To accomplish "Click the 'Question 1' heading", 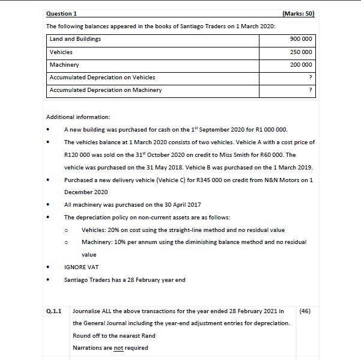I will (x=61, y=14).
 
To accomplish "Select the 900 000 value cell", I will (x=301, y=39).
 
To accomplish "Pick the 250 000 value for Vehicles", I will (x=301, y=52).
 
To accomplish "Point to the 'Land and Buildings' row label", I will (x=75, y=39).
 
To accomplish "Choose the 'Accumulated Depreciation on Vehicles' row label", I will (x=102, y=78).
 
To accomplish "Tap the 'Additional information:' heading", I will (x=78, y=117).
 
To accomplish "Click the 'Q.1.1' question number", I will (x=54, y=311).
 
